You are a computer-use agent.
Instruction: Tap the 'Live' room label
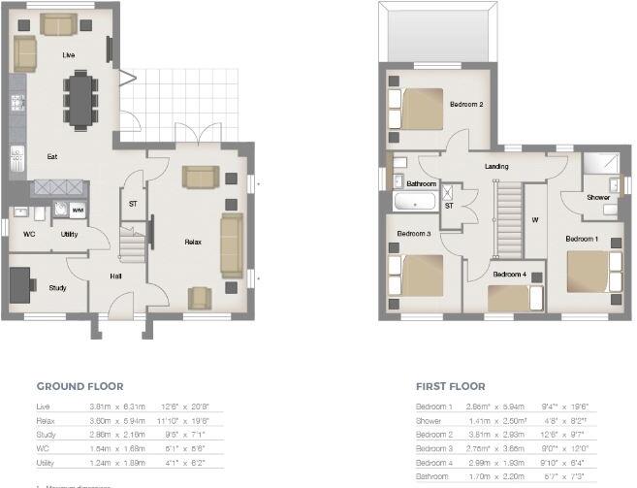[69, 55]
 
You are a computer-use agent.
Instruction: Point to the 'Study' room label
[57, 287]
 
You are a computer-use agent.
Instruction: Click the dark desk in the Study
[20, 283]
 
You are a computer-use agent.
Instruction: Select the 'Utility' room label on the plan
[69, 234]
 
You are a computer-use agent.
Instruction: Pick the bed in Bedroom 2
[416, 106]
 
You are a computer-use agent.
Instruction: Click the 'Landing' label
[497, 166]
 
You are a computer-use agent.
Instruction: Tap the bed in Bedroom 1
[589, 271]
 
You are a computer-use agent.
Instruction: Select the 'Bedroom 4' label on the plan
[509, 275]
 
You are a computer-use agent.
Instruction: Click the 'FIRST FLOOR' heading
[450, 384]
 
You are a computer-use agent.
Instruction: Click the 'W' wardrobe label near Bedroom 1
[534, 218]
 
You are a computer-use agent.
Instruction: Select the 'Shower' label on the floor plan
[598, 197]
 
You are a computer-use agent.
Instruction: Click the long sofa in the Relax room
[231, 246]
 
